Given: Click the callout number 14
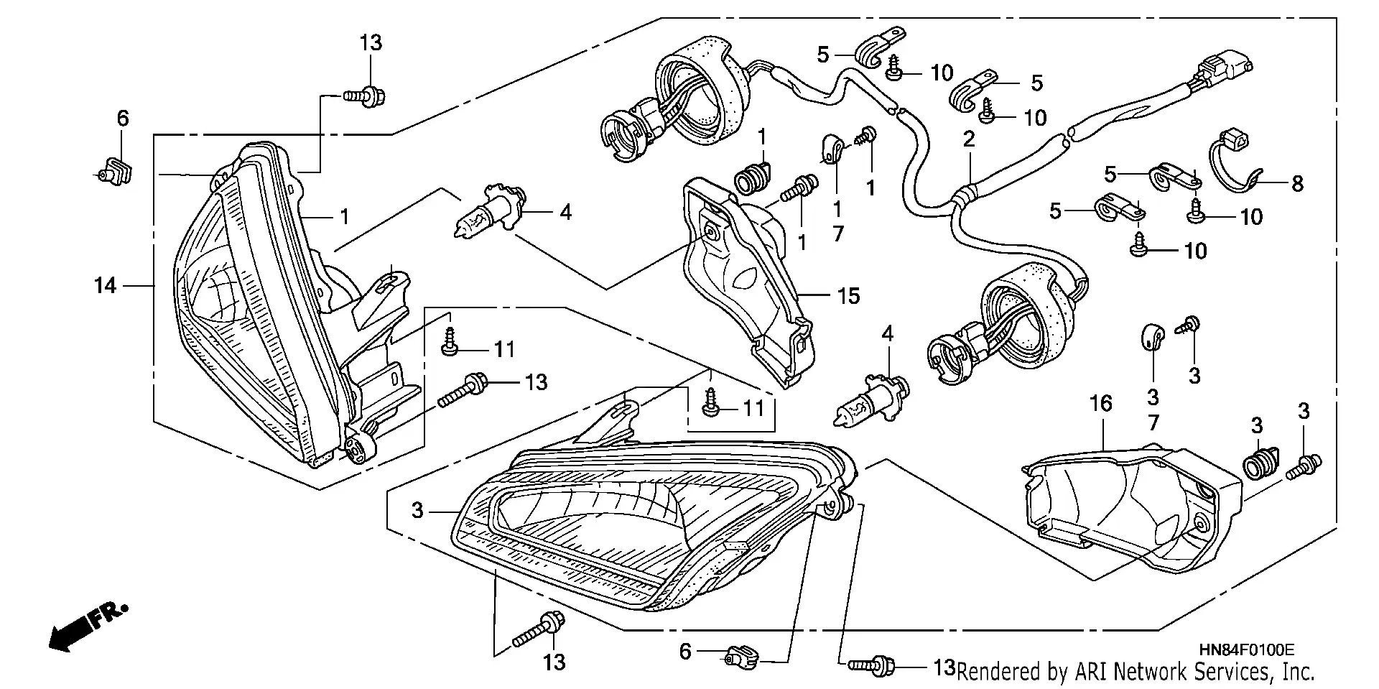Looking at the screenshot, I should [x=105, y=286].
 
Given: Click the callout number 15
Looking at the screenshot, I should [x=848, y=296].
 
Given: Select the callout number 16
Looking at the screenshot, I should [x=1100, y=404].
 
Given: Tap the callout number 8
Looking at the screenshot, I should [x=1297, y=184].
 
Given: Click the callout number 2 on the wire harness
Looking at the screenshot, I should [x=969, y=139].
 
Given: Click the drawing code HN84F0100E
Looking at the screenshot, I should [x=1245, y=650].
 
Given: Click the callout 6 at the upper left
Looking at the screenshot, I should [x=123, y=119].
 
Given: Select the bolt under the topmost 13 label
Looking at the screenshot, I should [x=365, y=94].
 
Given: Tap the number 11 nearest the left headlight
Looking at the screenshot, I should [x=504, y=350].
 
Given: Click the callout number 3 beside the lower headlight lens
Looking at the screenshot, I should [x=418, y=511].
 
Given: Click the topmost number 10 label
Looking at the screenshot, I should [x=941, y=73].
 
